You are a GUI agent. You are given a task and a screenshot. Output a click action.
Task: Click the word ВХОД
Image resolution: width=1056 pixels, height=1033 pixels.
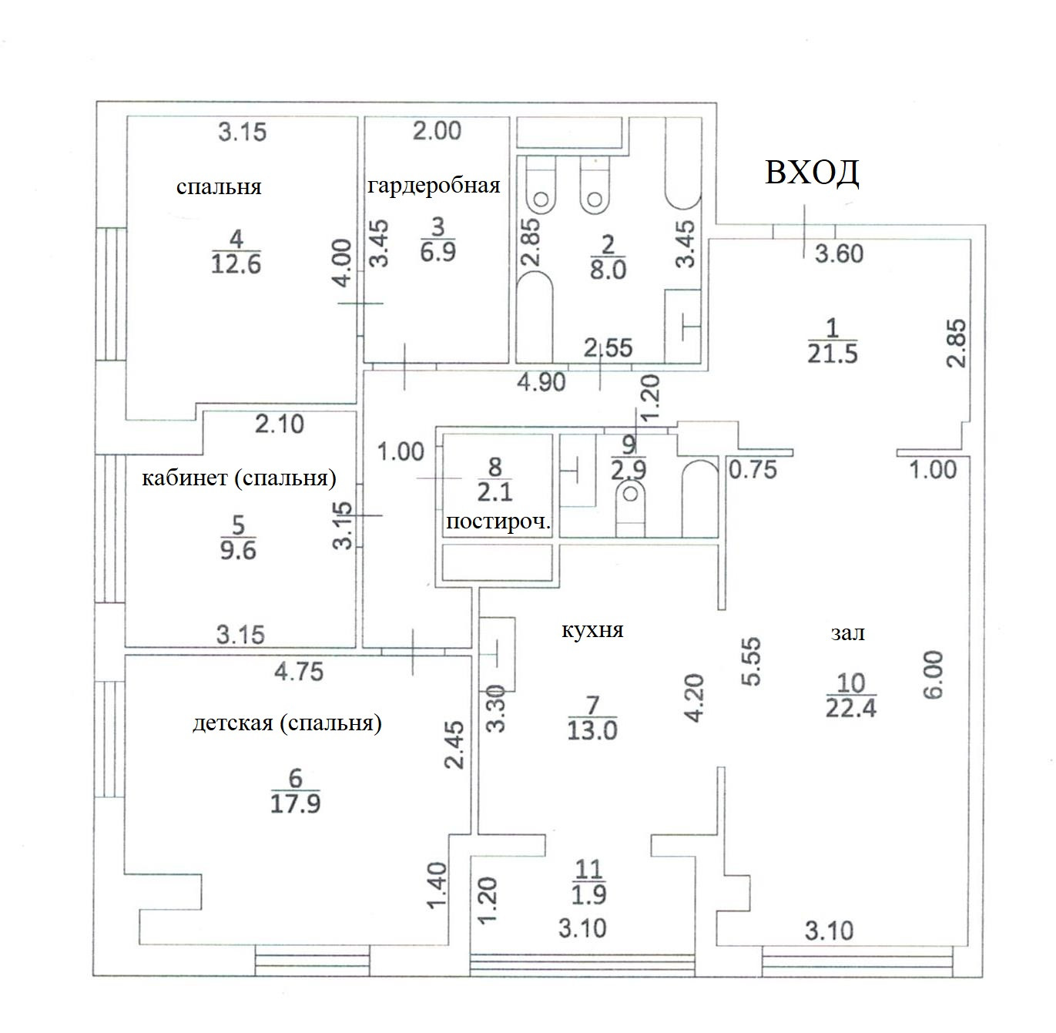tap(812, 173)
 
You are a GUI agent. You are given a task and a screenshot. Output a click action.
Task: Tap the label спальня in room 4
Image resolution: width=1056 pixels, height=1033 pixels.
tap(219, 186)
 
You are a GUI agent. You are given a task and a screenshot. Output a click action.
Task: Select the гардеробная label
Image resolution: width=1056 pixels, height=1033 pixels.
tap(434, 186)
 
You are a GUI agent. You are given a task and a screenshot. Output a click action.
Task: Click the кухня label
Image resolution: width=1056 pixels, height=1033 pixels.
tap(592, 630)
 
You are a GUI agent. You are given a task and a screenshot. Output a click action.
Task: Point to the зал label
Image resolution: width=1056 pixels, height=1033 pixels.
tap(847, 633)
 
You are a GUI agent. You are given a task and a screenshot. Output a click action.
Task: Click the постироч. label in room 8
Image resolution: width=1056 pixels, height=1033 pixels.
tap(498, 522)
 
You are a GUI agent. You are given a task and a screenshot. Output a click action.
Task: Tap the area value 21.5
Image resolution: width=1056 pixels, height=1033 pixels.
tap(832, 354)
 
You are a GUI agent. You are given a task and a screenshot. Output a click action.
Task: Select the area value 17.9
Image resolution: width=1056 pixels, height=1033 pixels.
tap(295, 803)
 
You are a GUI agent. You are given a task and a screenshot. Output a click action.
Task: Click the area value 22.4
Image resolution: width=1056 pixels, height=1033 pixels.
tap(851, 706)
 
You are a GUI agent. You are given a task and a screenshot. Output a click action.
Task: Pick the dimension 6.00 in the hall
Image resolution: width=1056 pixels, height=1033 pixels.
tap(931, 676)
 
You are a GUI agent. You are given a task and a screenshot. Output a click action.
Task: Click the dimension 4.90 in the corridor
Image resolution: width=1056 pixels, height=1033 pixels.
tap(541, 381)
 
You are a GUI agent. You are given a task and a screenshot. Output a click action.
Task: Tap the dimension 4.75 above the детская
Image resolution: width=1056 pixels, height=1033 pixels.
tap(299, 672)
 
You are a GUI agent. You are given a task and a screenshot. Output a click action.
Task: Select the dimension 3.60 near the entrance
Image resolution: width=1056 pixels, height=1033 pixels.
tap(839, 253)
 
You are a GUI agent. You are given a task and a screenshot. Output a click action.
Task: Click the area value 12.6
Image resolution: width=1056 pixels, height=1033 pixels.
tap(236, 263)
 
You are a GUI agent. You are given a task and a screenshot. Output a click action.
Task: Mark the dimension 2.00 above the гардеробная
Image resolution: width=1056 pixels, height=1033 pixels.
tap(437, 131)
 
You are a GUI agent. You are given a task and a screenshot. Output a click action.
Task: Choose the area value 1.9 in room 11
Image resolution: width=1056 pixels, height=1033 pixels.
tap(589, 894)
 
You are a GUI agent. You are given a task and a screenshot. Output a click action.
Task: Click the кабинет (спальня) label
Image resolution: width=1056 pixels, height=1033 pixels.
tap(239, 478)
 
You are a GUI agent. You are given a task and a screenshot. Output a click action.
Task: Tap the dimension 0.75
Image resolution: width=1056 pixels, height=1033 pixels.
tap(753, 469)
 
